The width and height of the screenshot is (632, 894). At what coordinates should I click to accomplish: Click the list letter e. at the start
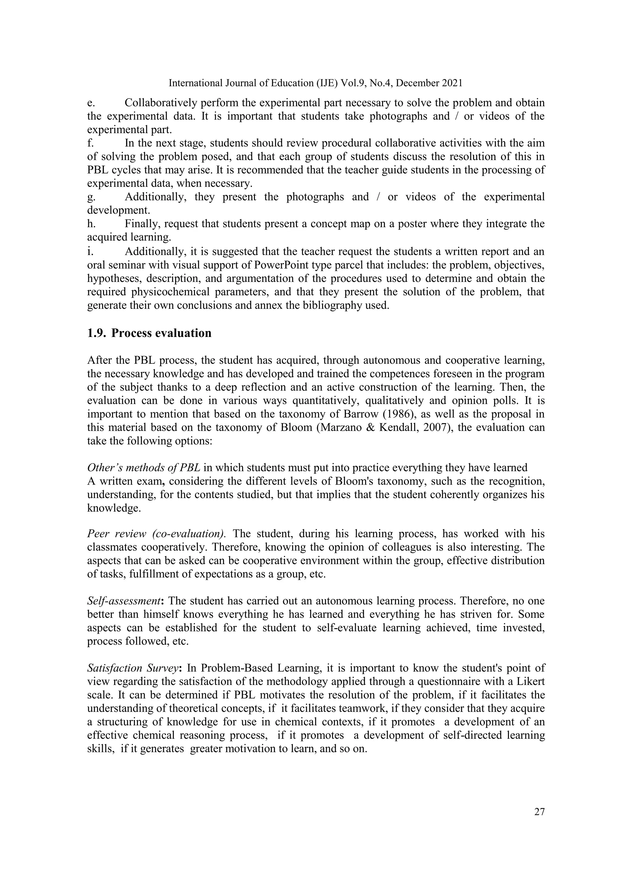tap(91, 103)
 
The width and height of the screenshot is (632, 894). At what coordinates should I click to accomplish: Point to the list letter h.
tap(91, 224)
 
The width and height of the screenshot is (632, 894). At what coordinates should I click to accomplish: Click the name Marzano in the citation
tap(340, 427)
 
